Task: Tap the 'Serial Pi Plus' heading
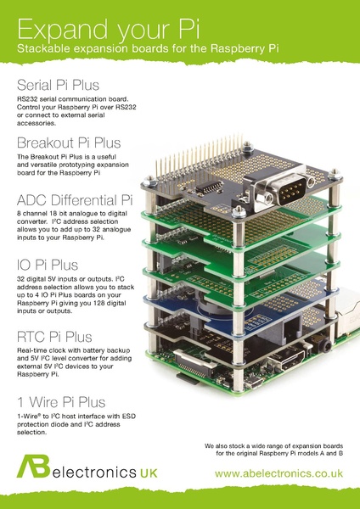coord(58,86)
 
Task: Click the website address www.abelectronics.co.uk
coord(278,474)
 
